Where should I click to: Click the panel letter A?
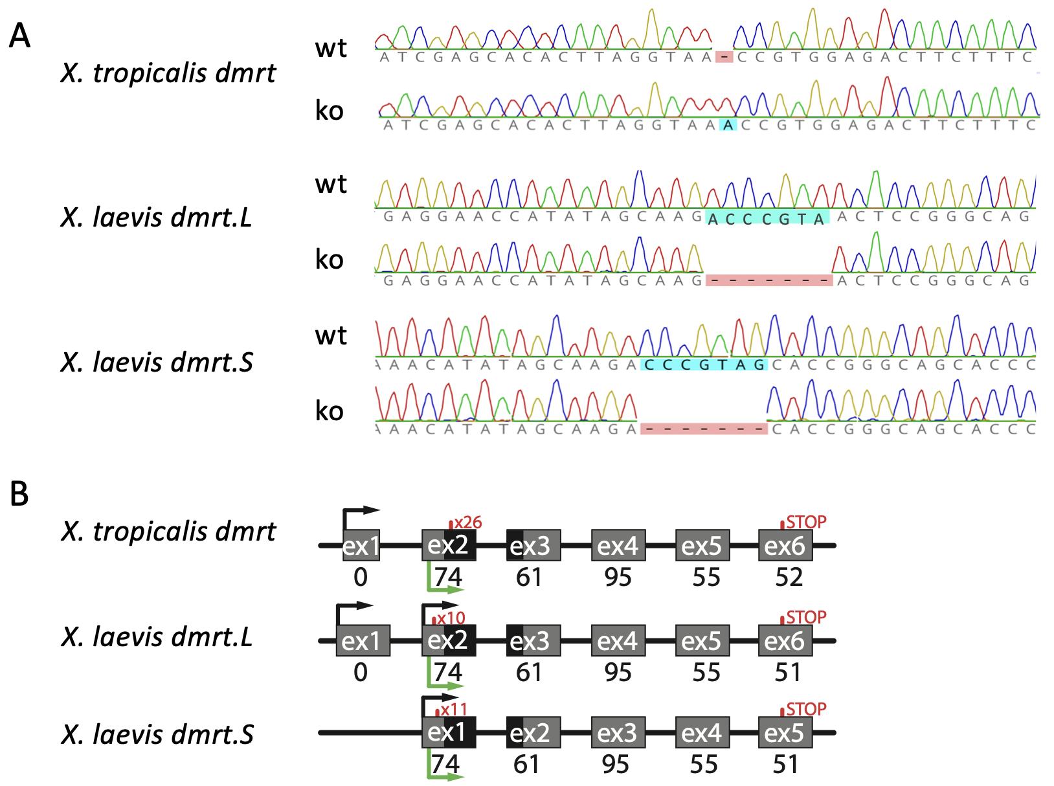[19, 37]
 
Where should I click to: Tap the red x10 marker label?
[451, 618]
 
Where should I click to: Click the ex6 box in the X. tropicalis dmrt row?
[785, 546]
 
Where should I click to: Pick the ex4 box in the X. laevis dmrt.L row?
[618, 641]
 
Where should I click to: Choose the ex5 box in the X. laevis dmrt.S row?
[785, 733]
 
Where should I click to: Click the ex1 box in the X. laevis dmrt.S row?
[449, 733]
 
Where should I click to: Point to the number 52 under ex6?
[789, 577]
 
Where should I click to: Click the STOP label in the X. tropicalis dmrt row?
[807, 522]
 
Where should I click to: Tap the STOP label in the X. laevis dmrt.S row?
[807, 709]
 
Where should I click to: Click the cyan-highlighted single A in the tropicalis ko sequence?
[729, 126]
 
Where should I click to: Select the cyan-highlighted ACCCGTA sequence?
[768, 219]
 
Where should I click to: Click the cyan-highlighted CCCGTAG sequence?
[704, 365]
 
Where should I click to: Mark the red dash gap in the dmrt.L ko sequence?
[769, 280]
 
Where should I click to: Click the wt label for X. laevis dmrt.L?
[331, 185]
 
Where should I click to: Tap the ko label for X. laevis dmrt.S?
[330, 410]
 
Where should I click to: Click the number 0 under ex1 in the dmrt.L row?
[361, 673]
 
